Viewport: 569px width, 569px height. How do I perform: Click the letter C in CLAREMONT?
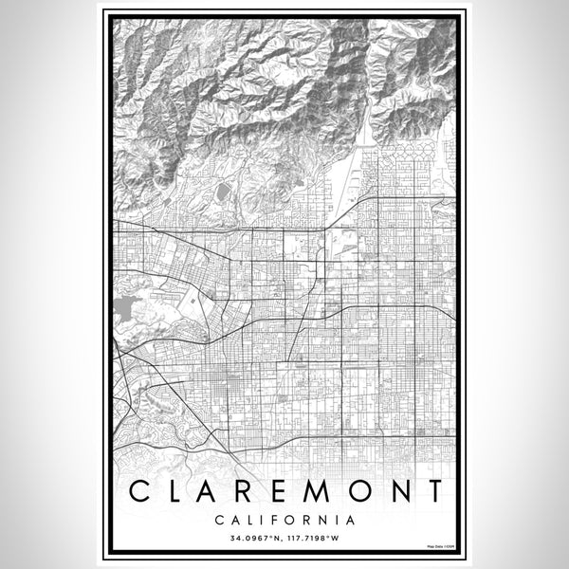coord(140,492)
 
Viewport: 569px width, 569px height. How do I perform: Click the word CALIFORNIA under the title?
coord(284,520)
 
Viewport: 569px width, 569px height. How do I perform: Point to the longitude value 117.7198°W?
coord(315,539)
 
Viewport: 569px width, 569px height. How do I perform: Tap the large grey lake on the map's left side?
coord(124,307)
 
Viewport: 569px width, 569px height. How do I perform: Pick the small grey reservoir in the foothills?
coord(222,193)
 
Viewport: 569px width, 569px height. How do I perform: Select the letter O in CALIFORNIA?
coord(285,520)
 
